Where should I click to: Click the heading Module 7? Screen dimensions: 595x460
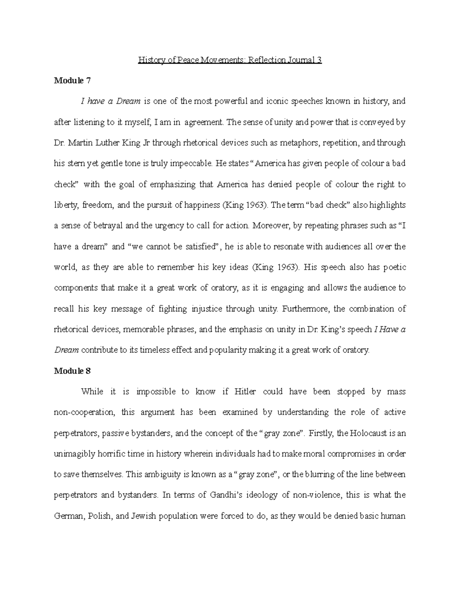[x=72, y=80]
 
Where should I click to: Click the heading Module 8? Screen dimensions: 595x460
[x=72, y=371]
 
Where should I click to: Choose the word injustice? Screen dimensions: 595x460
[x=206, y=309]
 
